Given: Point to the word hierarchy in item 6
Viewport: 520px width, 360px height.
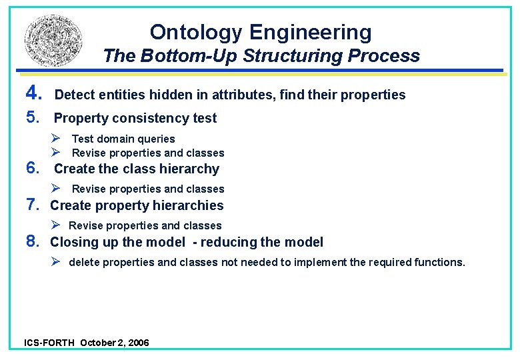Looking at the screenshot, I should [190, 169].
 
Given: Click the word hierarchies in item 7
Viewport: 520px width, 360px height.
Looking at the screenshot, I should [193, 206].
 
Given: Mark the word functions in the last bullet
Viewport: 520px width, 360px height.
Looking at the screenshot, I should [441, 263].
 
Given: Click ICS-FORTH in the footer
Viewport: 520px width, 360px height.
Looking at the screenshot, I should [49, 343].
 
